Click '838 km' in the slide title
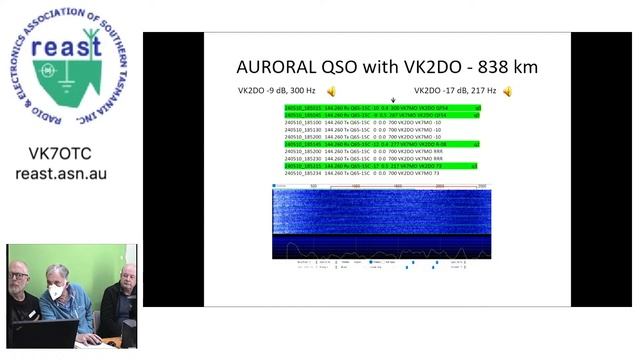pyautogui.click(x=508, y=67)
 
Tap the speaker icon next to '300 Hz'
pyautogui.click(x=331, y=92)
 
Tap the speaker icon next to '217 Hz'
pyautogui.click(x=507, y=92)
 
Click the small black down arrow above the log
pyautogui.click(x=394, y=100)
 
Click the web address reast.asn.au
pyautogui.click(x=61, y=174)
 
